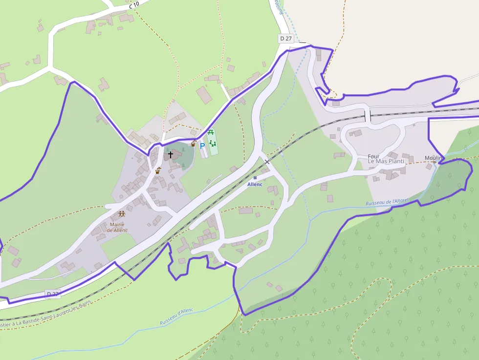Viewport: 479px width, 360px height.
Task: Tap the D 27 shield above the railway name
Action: (x=52, y=294)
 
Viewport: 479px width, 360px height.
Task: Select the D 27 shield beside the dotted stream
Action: (x=285, y=38)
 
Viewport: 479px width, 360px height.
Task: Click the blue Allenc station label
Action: (x=255, y=184)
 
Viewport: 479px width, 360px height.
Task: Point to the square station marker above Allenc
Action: (x=255, y=178)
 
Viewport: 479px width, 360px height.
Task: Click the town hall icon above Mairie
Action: (x=121, y=214)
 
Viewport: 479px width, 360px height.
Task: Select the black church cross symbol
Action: (x=171, y=154)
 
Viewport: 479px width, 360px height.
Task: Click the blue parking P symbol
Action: (x=202, y=146)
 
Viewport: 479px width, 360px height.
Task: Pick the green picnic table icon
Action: (x=211, y=132)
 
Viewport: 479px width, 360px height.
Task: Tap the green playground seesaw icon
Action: (x=213, y=143)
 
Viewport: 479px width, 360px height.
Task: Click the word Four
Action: (x=374, y=157)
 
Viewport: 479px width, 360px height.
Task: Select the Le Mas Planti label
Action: (x=386, y=162)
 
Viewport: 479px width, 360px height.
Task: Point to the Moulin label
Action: (x=434, y=158)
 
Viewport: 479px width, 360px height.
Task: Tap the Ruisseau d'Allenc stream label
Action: (x=176, y=317)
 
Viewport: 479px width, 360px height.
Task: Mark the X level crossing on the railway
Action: (x=267, y=161)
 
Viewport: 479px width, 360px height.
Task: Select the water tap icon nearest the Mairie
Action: (x=158, y=171)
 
